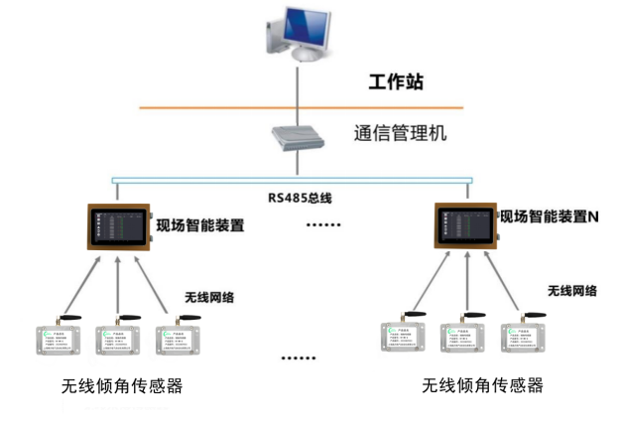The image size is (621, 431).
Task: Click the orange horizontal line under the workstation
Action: [x=198, y=107]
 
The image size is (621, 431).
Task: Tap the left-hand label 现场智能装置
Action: [x=200, y=225]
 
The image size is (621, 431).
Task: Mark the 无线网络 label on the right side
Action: [x=572, y=291]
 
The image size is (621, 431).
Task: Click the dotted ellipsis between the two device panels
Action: [x=321, y=226]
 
